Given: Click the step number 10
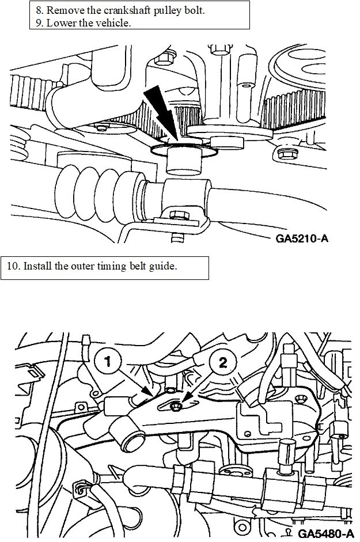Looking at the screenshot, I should pyautogui.click(x=13, y=267).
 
